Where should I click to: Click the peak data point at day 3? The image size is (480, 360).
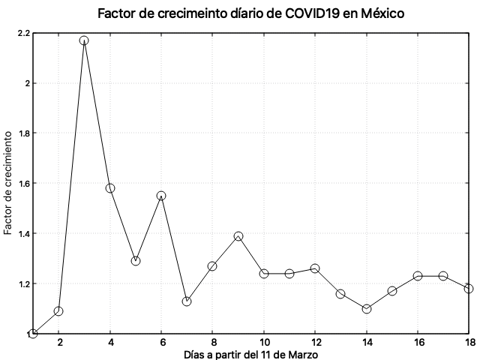(84, 40)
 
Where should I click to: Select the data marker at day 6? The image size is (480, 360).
(161, 196)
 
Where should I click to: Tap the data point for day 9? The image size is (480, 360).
(238, 236)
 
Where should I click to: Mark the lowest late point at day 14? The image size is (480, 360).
(367, 309)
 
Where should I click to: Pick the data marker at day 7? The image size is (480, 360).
(187, 301)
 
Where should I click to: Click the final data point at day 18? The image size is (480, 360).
(469, 289)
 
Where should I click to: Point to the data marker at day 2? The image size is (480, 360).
(58, 311)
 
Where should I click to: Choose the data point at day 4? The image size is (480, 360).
(110, 188)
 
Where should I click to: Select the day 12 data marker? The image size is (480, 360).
(315, 268)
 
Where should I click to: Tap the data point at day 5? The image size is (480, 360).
(136, 261)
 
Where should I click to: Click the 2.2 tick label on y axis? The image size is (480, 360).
(22, 33)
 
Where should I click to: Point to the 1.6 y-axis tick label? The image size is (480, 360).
(22, 183)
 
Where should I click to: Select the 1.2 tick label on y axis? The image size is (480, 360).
(22, 283)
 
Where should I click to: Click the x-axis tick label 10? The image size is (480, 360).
(264, 343)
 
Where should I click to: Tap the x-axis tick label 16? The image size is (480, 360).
(418, 343)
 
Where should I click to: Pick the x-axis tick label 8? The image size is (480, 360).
(213, 343)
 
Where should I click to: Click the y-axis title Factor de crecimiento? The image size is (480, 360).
(8, 183)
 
